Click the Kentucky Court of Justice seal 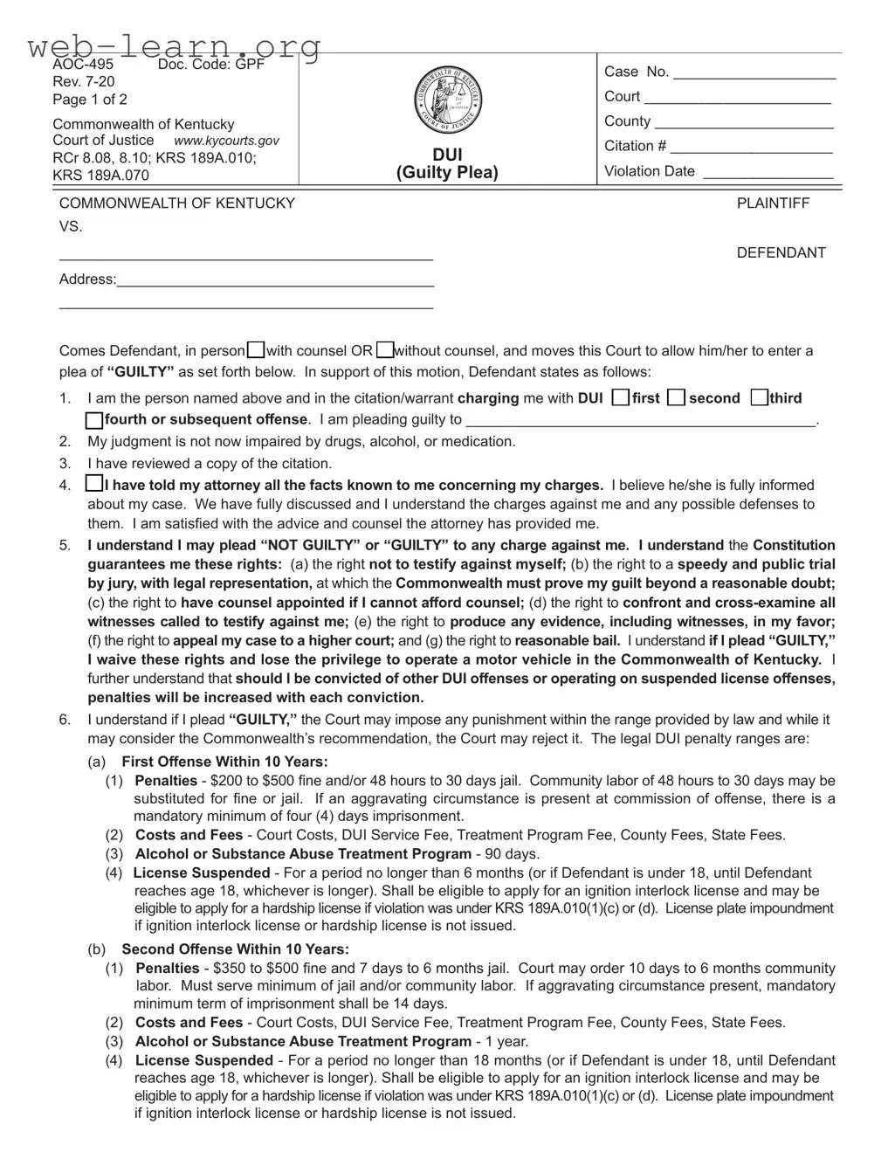(x=447, y=98)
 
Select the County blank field (x=743, y=123)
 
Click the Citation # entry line (x=751, y=148)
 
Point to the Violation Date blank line (x=768, y=173)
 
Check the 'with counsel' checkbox (x=256, y=350)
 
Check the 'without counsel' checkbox (x=385, y=350)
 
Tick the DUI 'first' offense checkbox (x=620, y=398)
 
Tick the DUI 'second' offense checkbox (x=676, y=398)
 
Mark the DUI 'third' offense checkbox (x=759, y=398)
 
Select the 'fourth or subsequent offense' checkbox (x=94, y=420)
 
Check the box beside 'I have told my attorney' (x=93, y=484)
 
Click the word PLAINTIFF (x=773, y=204)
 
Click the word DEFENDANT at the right (x=781, y=253)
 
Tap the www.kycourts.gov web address (x=226, y=141)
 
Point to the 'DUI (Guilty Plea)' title (x=447, y=164)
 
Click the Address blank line (x=275, y=281)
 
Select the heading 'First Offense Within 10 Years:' (x=224, y=762)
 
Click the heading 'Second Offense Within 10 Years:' (x=235, y=949)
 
